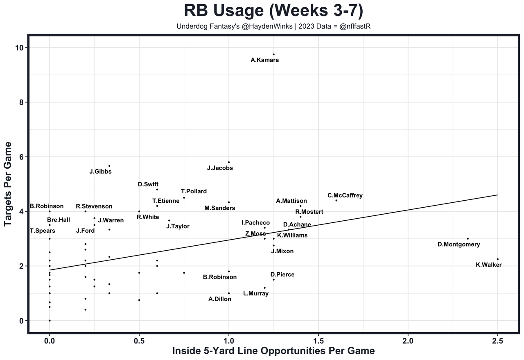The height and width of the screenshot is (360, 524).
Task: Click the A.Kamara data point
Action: tap(273, 54)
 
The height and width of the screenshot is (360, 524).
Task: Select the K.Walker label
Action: tap(488, 265)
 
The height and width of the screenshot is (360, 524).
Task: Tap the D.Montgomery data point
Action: tap(468, 238)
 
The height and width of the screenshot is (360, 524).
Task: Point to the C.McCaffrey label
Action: tap(345, 196)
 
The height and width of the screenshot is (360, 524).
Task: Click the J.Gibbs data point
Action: tap(109, 166)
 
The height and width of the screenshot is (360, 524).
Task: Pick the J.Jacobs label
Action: tap(220, 168)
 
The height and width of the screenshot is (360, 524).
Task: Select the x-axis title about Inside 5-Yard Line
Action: tap(273, 351)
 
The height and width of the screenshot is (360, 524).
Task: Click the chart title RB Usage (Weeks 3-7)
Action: tap(273, 11)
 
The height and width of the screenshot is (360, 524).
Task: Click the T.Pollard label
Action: tap(194, 191)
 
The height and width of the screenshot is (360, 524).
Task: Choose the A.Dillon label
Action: tap(220, 299)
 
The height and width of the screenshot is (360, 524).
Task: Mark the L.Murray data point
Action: tap(264, 288)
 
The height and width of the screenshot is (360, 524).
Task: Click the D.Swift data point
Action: tap(157, 189)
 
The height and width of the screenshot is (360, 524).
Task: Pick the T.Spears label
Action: tap(43, 231)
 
